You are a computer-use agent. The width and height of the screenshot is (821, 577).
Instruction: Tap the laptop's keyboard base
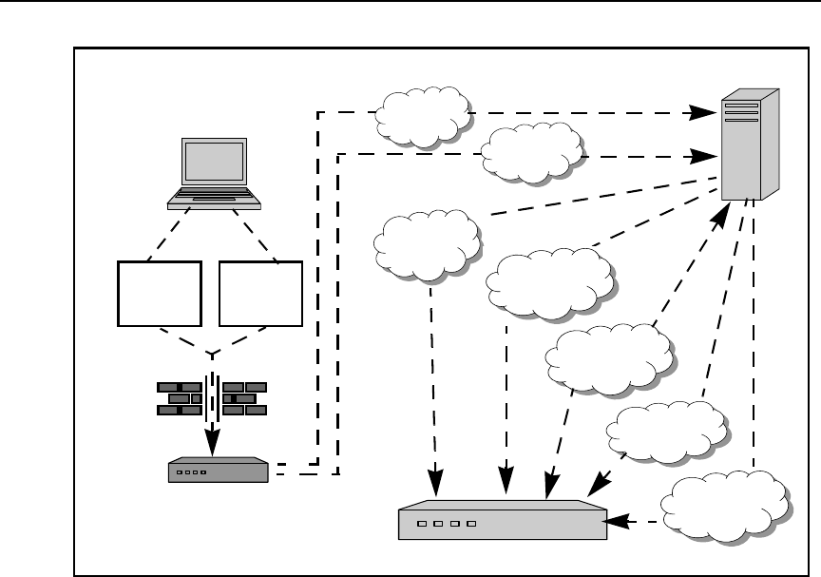214,199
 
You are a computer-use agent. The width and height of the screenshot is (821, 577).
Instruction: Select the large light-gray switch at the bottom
501,521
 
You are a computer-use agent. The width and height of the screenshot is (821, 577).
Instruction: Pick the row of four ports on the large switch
442,524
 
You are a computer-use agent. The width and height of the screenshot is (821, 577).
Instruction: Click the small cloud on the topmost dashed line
423,115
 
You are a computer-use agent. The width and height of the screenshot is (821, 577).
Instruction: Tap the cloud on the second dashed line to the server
532,152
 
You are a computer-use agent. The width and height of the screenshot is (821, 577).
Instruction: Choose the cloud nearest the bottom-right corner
727,506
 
